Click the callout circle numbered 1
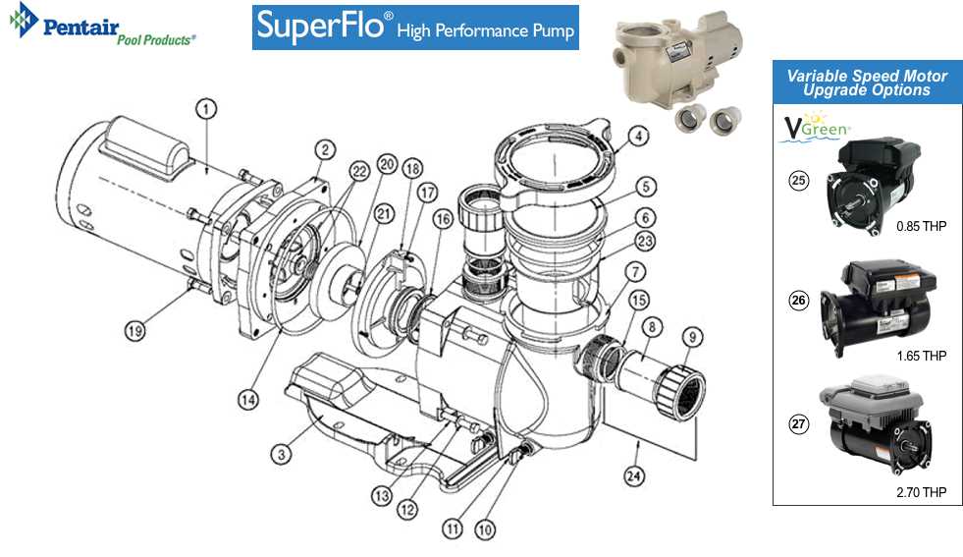pyautogui.click(x=205, y=109)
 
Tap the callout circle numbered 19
pyautogui.click(x=135, y=331)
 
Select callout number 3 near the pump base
pyautogui.click(x=281, y=453)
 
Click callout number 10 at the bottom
pyautogui.click(x=484, y=529)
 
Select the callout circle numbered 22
pyautogui.click(x=359, y=171)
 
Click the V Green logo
pyautogui.click(x=814, y=129)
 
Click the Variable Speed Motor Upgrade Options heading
pyautogui.click(x=866, y=83)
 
